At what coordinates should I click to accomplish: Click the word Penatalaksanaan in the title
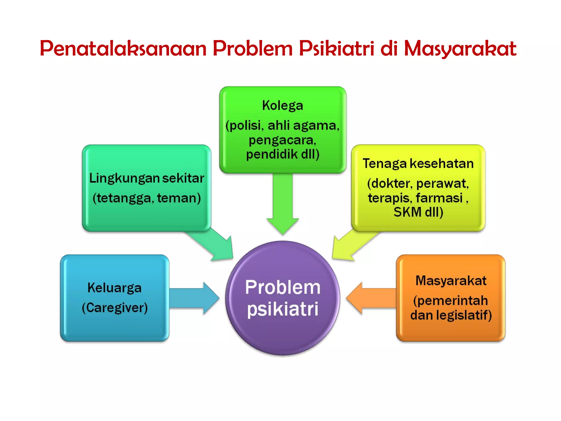[123, 49]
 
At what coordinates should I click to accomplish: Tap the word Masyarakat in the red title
[460, 49]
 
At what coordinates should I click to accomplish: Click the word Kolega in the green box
[282, 106]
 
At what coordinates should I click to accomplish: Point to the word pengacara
[282, 140]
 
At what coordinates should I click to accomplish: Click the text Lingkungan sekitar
[147, 178]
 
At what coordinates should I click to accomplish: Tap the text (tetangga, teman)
[147, 198]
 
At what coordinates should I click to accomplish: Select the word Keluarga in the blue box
[115, 288]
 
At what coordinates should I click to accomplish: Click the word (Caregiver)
[115, 308]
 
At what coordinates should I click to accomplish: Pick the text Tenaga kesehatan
[418, 164]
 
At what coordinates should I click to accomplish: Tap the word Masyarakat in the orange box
[451, 281]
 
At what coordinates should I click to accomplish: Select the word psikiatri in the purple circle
[282, 309]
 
